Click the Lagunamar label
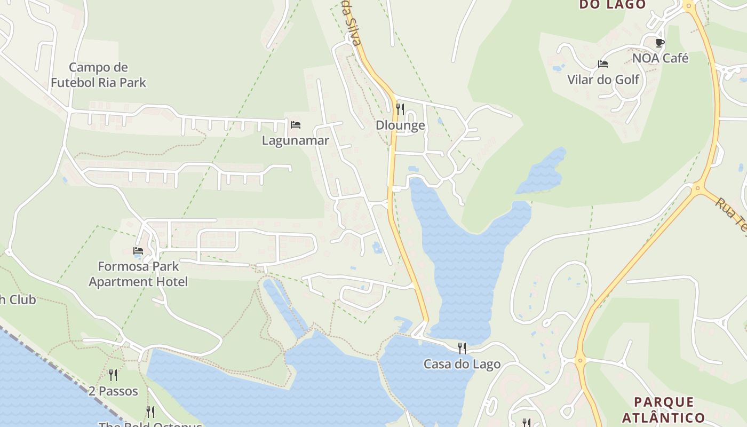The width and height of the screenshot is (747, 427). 295,140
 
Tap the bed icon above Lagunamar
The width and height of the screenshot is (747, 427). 296,125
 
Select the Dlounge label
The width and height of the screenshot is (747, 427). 400,125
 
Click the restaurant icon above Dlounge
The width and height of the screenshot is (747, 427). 400,109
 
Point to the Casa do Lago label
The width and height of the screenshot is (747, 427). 462,364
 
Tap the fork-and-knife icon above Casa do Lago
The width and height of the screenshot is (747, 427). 462,349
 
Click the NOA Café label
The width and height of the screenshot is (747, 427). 660,58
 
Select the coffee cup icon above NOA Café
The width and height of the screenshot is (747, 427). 660,43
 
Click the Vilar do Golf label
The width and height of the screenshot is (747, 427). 603,80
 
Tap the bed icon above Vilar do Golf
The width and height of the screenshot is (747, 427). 603,64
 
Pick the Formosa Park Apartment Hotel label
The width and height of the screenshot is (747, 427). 138,274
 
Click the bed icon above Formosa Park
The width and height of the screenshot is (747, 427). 138,250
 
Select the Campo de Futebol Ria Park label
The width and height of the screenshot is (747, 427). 98,75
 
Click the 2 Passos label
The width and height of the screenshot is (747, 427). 113,391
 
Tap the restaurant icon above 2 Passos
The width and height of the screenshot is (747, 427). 113,375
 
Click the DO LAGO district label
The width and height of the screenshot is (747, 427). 613,5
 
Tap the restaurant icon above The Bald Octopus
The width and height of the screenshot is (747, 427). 150,412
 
